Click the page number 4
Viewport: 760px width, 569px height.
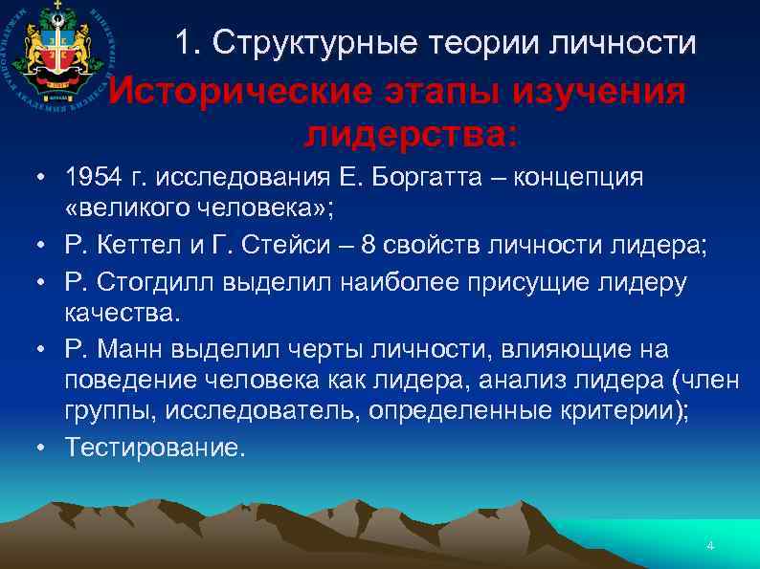click(709, 546)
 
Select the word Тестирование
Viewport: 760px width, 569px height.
click(154, 448)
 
